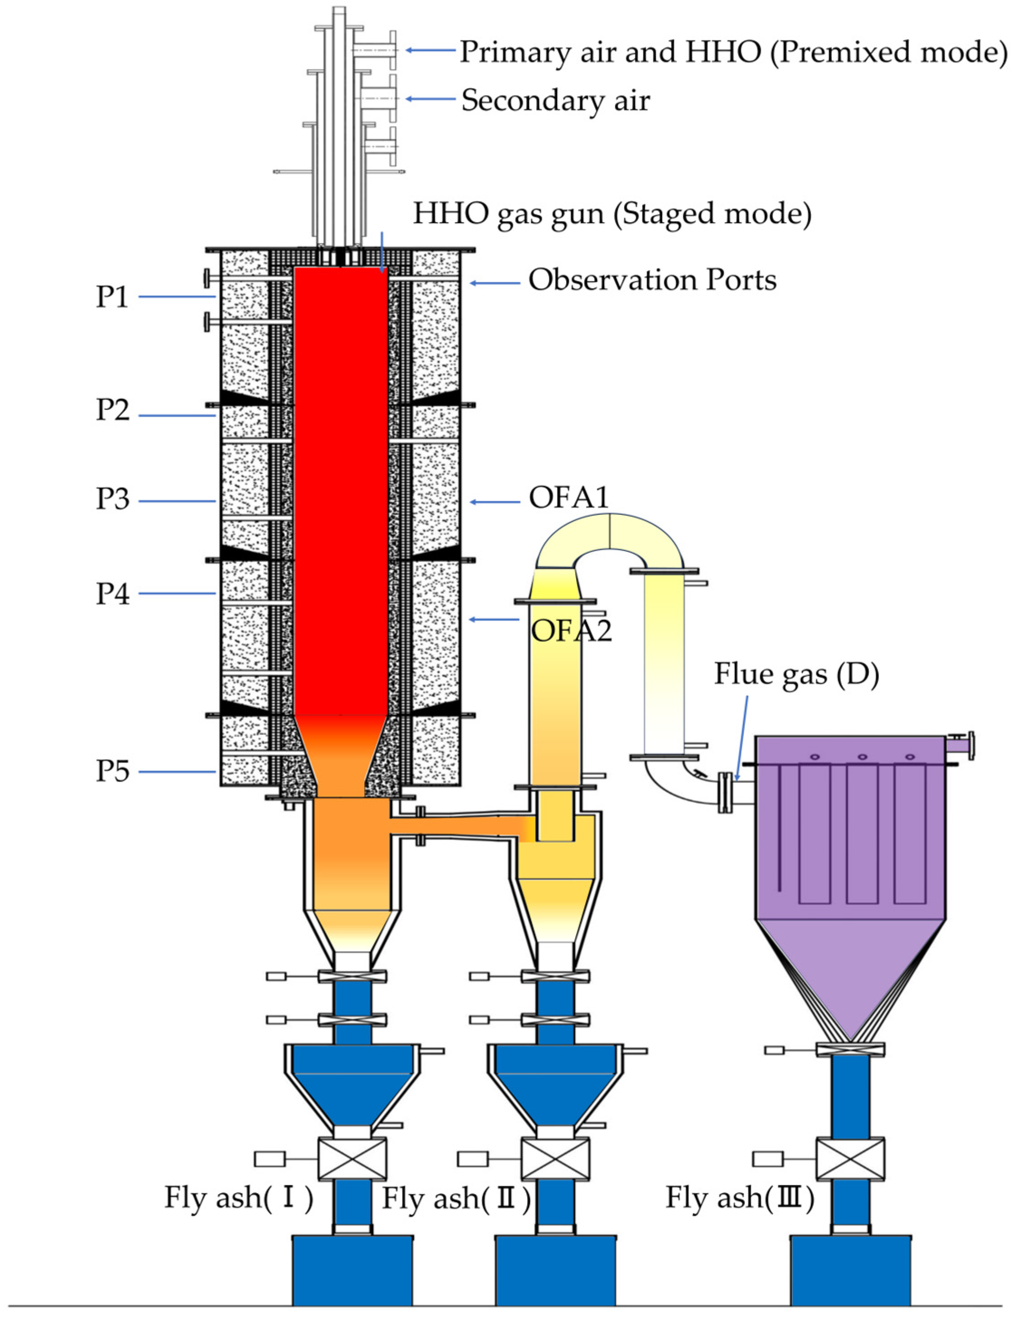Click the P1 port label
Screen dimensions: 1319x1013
pos(113,297)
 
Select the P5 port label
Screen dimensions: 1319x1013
pos(113,771)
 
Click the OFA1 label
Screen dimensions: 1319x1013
pos(569,498)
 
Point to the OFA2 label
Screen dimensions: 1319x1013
pos(571,631)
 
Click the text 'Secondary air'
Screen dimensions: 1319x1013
pos(555,101)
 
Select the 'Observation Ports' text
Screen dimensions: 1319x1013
pos(653,280)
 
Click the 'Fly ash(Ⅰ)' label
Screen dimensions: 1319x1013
pos(239,1197)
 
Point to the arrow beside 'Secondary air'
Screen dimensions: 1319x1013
pos(430,99)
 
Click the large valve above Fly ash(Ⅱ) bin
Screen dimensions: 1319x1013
pos(555,1159)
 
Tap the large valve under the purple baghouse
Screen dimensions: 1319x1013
pos(850,1159)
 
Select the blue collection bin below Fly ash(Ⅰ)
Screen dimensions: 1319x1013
pos(353,1270)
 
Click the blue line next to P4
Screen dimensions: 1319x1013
pos(177,594)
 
